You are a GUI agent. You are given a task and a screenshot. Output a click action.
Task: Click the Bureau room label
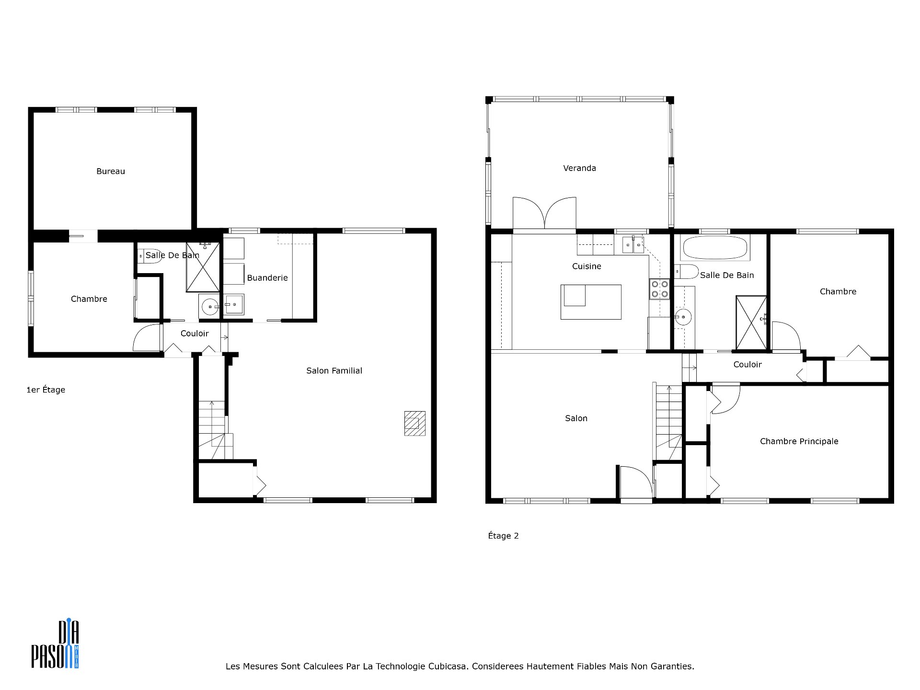click(x=111, y=172)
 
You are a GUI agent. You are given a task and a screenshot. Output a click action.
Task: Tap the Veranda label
click(x=580, y=168)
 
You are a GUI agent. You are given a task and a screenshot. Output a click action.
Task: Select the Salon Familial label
click(x=334, y=371)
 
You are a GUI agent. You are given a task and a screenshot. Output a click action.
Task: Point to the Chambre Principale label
click(x=799, y=441)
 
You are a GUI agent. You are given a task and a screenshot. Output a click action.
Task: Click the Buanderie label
click(x=267, y=278)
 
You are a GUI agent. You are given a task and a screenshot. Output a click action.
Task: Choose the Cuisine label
click(x=586, y=266)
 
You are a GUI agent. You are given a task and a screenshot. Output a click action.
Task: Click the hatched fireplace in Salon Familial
click(x=414, y=423)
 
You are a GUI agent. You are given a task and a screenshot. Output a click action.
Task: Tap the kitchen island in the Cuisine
click(x=591, y=302)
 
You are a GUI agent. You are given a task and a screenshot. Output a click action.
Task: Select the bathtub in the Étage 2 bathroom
click(x=714, y=248)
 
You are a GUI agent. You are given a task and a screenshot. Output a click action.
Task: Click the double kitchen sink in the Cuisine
click(x=633, y=245)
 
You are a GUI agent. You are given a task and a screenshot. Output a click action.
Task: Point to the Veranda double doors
click(x=544, y=213)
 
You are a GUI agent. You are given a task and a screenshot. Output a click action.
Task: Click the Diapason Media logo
click(x=55, y=644)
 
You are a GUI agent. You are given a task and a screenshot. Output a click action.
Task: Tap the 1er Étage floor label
click(x=46, y=390)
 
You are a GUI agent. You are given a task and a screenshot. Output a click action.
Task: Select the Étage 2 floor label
click(x=503, y=536)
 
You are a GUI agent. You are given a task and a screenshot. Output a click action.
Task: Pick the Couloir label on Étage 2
click(x=747, y=365)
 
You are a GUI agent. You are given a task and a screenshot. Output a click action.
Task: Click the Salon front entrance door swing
click(x=636, y=482)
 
